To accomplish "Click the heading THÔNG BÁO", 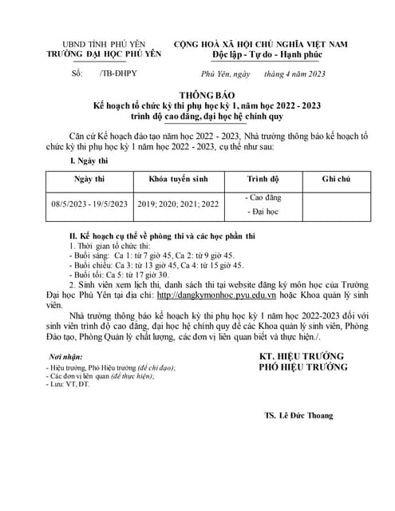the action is point(197,93).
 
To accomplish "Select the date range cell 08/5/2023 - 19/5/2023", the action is point(89,204).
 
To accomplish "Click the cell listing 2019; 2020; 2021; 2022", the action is point(177,204).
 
